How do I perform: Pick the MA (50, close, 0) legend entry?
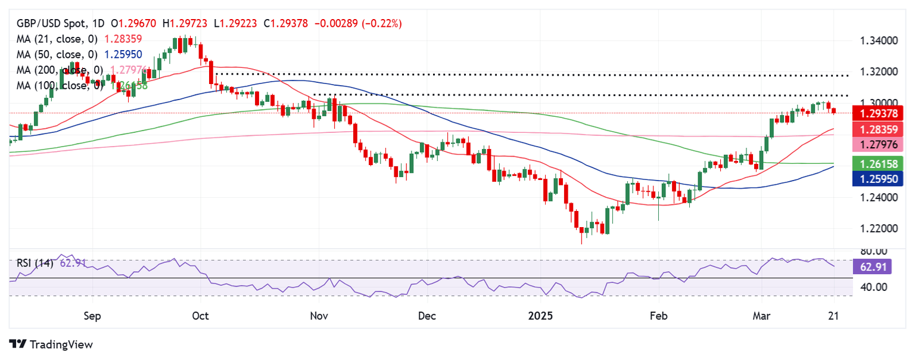(x=56, y=54)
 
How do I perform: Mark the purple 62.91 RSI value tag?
(x=872, y=266)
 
